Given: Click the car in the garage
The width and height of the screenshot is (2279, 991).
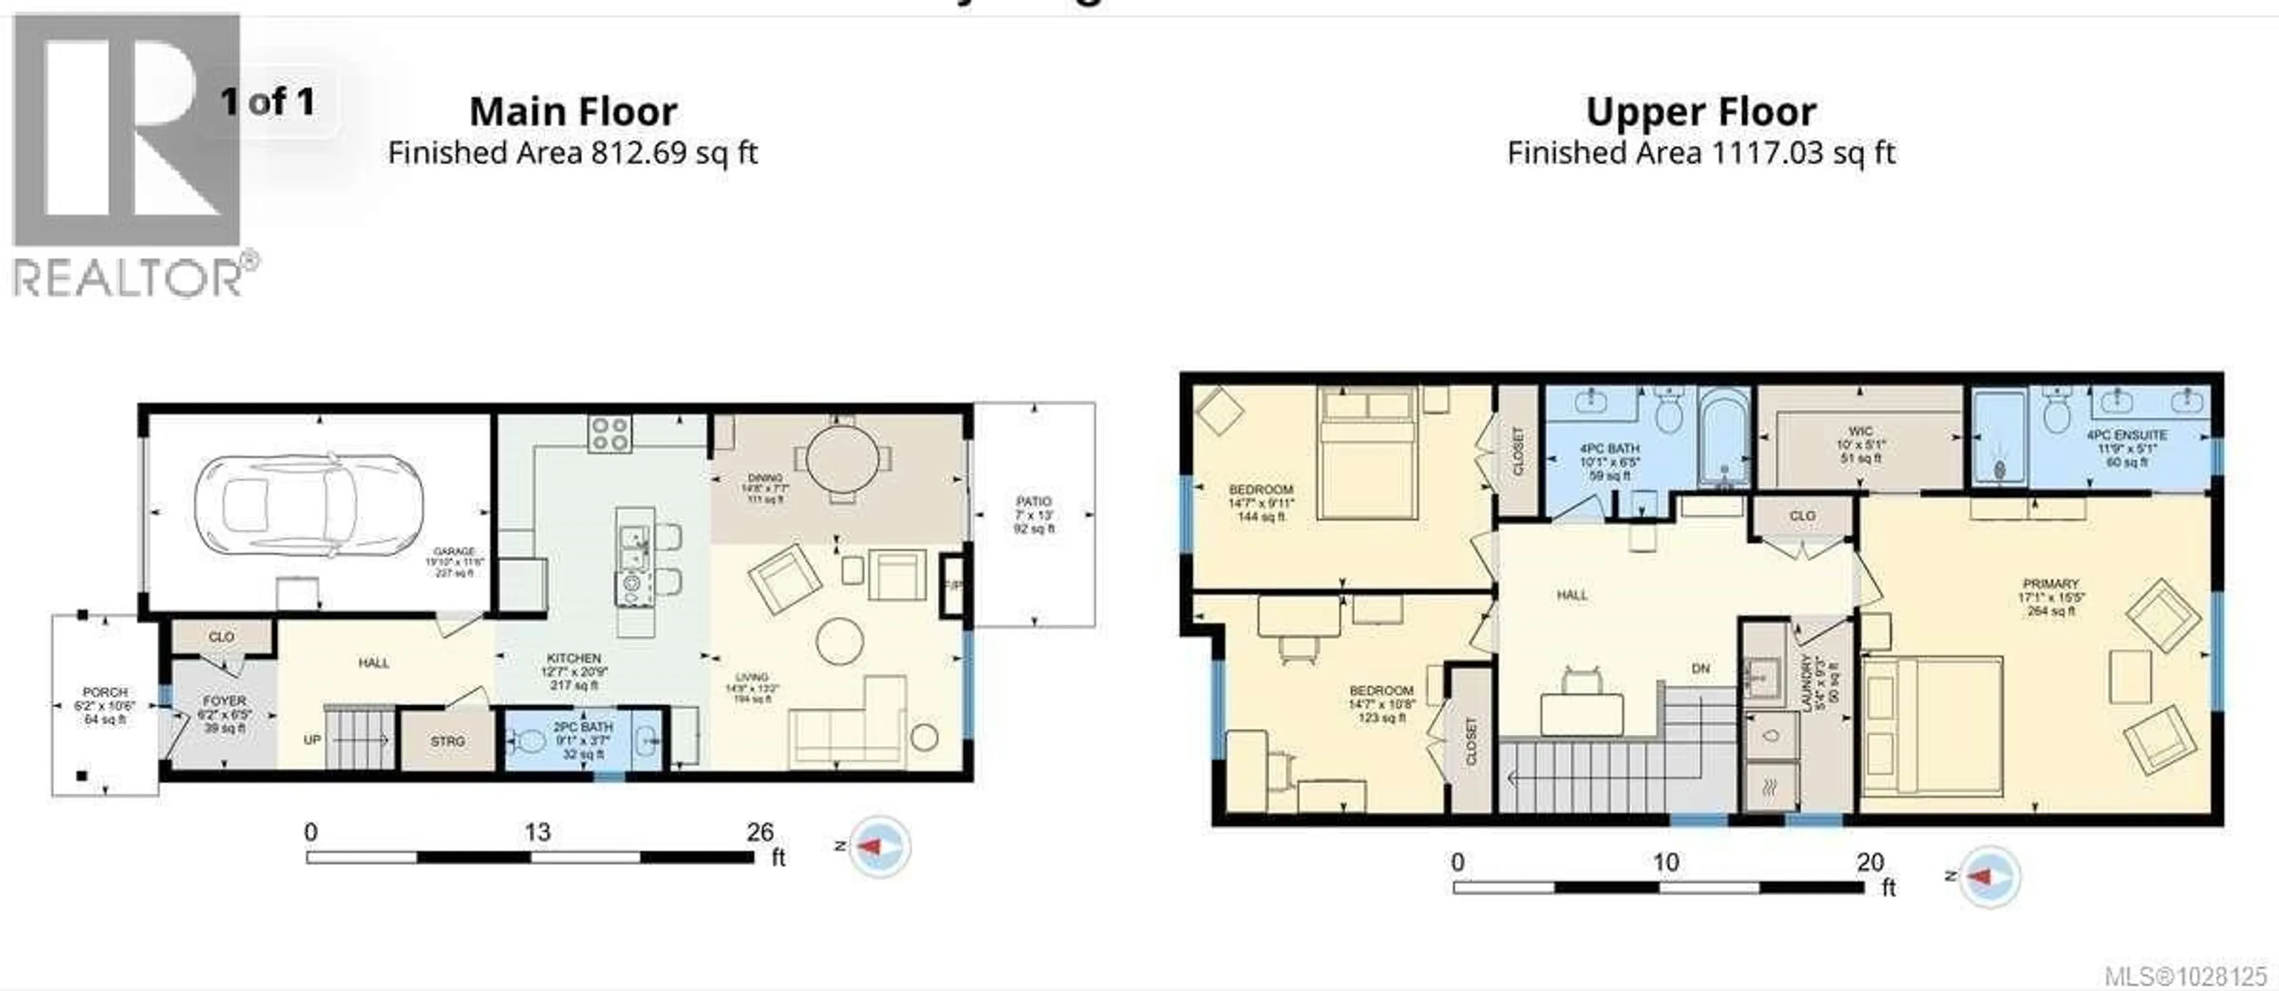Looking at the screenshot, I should (308, 507).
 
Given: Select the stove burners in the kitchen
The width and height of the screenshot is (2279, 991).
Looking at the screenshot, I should (610, 434).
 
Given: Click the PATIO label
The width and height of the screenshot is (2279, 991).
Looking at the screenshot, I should (1033, 501).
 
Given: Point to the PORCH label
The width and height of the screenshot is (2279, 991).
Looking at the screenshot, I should (104, 692).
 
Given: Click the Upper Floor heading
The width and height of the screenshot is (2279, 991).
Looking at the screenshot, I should (1700, 112).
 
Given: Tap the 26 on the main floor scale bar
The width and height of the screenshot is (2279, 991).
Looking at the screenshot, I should (759, 833).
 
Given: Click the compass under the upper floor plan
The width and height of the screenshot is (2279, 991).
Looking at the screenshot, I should (1988, 876).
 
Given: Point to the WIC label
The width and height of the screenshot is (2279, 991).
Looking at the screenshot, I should (1861, 431).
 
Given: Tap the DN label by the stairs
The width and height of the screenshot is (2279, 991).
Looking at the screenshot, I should (1700, 669).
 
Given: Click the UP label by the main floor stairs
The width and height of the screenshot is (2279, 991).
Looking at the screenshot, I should (312, 740).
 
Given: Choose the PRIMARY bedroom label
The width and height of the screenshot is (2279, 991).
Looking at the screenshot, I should (2050, 584).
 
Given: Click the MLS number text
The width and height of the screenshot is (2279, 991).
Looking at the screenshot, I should (2185, 977).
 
